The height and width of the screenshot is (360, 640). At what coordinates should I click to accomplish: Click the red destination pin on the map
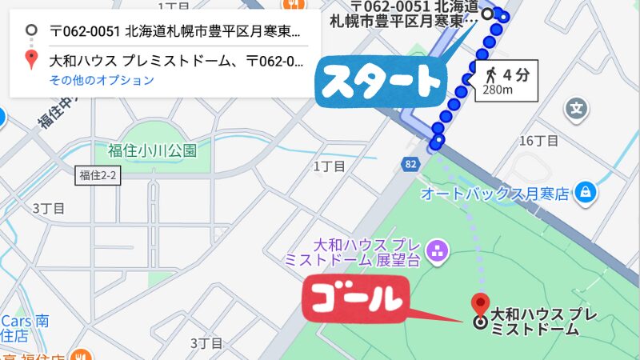480,305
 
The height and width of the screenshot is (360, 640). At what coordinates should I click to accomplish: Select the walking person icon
489,76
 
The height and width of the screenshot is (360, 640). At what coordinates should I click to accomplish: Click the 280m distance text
498,90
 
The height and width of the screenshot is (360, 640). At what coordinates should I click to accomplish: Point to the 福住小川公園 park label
152,150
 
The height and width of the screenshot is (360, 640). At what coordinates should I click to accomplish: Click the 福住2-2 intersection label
98,176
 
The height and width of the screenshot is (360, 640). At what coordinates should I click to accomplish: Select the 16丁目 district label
538,141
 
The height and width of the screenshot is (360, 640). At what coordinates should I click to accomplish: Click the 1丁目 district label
329,166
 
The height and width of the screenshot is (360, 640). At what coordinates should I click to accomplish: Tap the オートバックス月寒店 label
494,194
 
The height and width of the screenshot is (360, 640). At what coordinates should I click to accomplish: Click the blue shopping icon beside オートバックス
586,192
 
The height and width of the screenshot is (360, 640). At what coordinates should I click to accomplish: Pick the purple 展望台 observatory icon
437,251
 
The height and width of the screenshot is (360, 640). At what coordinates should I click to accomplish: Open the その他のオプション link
102,80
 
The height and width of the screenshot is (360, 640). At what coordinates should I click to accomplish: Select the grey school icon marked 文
576,107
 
